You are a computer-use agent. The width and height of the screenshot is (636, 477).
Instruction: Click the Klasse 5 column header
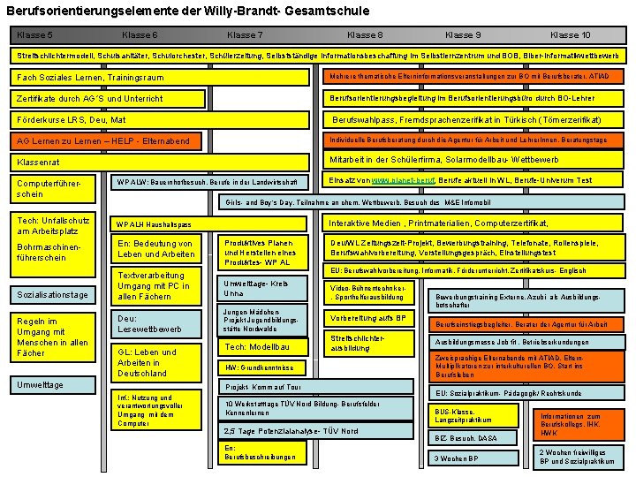point(34,35)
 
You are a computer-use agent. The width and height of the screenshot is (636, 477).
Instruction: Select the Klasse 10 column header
point(570,35)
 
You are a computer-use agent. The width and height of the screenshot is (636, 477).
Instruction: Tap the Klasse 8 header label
point(365,35)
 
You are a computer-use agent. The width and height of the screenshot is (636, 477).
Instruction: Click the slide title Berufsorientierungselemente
point(187,11)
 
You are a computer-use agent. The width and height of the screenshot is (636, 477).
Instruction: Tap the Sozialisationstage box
point(53,294)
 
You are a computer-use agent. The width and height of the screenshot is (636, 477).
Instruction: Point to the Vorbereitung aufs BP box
point(369,318)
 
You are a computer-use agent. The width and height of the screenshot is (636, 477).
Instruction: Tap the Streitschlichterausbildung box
point(369,343)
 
